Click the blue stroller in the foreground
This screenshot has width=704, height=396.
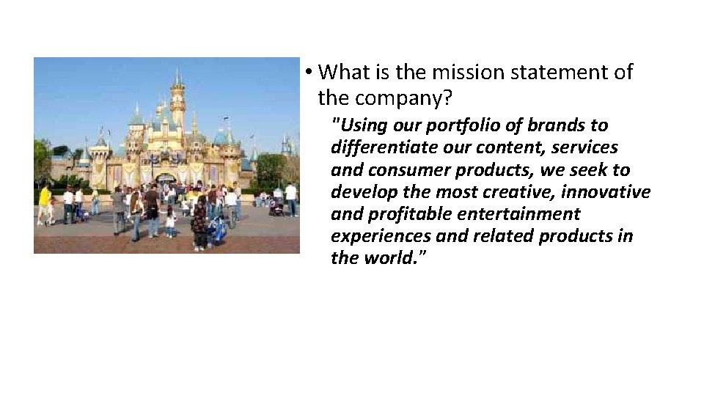pos(217,230)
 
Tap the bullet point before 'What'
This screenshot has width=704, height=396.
pos(310,73)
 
